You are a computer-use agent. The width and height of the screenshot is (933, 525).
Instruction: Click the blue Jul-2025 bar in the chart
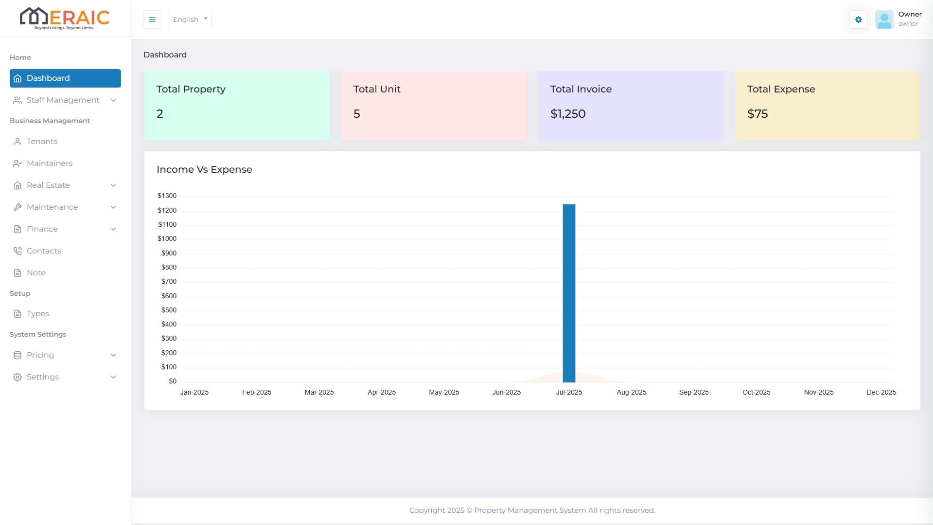pyautogui.click(x=569, y=293)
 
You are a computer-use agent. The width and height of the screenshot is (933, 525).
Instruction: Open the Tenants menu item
pyautogui.click(x=42, y=142)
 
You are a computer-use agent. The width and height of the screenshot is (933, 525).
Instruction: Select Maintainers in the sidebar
pyautogui.click(x=49, y=163)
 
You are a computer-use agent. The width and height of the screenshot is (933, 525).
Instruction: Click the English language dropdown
pyautogui.click(x=190, y=19)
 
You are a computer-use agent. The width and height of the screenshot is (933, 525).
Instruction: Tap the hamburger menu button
pyautogui.click(x=152, y=19)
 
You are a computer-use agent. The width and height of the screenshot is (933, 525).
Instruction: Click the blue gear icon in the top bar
pyautogui.click(x=858, y=19)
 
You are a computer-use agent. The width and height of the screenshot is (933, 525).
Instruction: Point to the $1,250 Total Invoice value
pyautogui.click(x=567, y=114)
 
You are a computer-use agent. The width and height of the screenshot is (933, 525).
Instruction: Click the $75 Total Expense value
pyautogui.click(x=757, y=114)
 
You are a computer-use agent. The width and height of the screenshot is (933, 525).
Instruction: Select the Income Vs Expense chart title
pyautogui.click(x=204, y=170)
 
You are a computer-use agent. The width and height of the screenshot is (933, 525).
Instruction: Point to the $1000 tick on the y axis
pyautogui.click(x=167, y=239)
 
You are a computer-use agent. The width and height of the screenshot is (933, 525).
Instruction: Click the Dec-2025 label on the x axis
pyautogui.click(x=880, y=392)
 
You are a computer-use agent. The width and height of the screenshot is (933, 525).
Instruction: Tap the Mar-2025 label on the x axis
pyautogui.click(x=319, y=392)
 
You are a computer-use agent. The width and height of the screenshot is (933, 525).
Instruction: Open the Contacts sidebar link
pyautogui.click(x=44, y=251)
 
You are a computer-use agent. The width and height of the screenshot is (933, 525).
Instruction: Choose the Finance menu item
pyautogui.click(x=42, y=229)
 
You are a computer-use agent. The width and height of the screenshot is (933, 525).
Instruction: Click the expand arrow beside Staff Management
pyautogui.click(x=113, y=100)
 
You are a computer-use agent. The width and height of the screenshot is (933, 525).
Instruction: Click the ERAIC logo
pyautogui.click(x=65, y=18)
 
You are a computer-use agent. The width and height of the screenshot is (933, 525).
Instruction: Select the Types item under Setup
pyautogui.click(x=37, y=314)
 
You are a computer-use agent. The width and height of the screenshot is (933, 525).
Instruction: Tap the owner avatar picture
pyautogui.click(x=884, y=19)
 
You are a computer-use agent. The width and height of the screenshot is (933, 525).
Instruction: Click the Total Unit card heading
pyautogui.click(x=376, y=90)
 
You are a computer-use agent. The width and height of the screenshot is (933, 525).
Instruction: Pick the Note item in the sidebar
pyautogui.click(x=36, y=273)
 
